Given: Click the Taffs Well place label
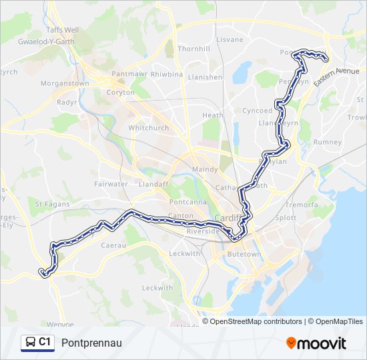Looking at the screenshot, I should point(62,30).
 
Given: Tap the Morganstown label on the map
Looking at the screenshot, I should point(65,83).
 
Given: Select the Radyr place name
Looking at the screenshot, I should point(67,103).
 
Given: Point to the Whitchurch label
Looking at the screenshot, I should point(148,127).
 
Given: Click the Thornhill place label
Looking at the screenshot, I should point(194,49).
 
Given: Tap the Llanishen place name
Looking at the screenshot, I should point(205,77).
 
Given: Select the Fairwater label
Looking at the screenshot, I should point(111,183).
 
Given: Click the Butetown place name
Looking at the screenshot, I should point(244,254).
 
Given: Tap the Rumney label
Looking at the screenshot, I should point(328,142).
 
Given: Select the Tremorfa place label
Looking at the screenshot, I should point(302,205).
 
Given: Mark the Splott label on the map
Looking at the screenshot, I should point(285,217).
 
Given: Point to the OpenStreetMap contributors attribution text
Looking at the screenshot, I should point(251,321).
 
